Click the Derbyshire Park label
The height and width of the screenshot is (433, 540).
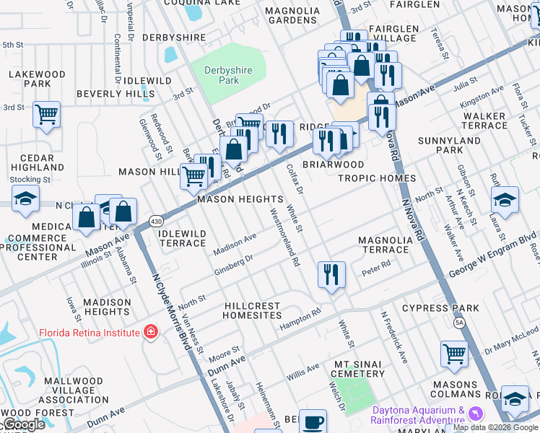222,75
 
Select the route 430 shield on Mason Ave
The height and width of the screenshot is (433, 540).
155,220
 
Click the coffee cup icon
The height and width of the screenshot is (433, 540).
313,421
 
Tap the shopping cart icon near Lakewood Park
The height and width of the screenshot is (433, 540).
47,114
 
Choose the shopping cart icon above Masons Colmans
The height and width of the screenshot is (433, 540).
455,354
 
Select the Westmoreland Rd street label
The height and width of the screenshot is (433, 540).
284,238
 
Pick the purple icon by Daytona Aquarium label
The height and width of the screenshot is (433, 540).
474,414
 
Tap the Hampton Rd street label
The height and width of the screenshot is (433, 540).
300,320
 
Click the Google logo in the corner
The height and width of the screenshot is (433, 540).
22,425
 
